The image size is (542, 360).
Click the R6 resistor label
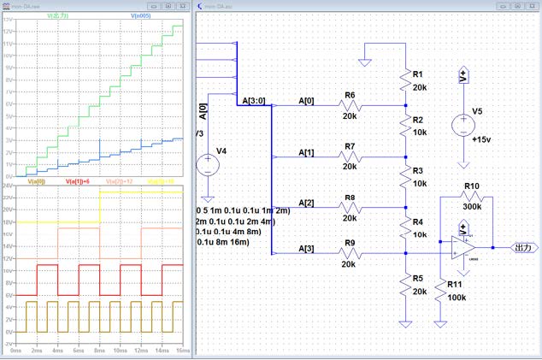tap(350, 95)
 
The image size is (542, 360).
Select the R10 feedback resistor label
tap(472, 186)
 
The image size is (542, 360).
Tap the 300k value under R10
tap(472, 206)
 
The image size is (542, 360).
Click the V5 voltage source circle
tap(463, 125)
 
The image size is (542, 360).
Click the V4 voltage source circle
tap(207, 165)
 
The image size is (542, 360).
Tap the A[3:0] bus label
tap(254, 101)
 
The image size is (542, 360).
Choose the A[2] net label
tap(306, 203)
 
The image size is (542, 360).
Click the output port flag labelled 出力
tap(524, 248)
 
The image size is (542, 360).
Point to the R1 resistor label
tap(418, 74)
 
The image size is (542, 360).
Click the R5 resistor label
tap(418, 278)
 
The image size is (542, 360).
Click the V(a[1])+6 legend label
tap(78, 181)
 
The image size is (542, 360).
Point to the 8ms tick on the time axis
tap(99, 351)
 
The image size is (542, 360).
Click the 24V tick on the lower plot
tap(7, 186)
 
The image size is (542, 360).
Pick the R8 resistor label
tap(350, 198)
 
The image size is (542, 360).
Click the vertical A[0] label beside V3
tap(203, 113)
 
